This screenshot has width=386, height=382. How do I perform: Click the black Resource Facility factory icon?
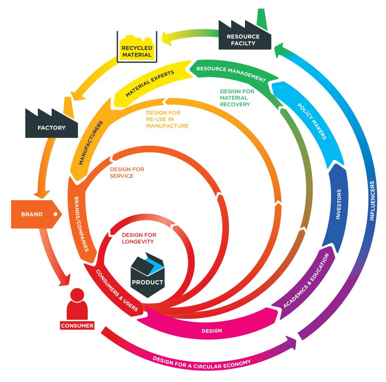pos(245,37)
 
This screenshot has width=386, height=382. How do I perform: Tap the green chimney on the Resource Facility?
pos(262,19)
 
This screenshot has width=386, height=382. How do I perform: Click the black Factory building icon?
pos(51,125)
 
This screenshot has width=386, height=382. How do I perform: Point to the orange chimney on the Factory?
pos(68,107)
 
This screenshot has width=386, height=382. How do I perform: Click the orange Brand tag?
pos(36,214)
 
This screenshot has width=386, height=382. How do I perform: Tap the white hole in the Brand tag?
pos(55,214)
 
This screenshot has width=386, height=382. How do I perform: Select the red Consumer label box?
pos(77,325)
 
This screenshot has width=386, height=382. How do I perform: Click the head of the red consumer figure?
pos(77,295)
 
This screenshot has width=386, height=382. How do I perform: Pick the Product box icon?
pos(147,275)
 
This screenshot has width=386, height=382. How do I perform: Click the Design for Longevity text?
pos(139,238)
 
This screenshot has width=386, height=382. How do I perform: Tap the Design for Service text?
pos(127,173)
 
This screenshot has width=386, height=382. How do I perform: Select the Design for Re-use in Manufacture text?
pos(167,119)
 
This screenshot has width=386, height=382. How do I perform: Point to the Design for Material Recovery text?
pos(237,98)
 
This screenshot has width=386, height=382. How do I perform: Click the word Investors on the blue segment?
pos(339,204)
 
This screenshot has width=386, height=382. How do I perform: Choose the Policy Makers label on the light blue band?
pos(312,122)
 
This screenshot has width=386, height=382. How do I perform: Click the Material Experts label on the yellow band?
pos(150,83)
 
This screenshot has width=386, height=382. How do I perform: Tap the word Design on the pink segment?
pos(212,331)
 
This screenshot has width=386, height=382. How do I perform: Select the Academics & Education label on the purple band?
pos(306,281)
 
